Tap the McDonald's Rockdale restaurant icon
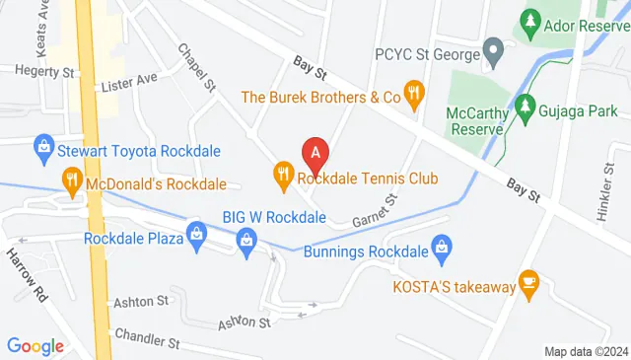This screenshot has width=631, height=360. coord(71,180)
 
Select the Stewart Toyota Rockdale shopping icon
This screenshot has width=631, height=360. coord(43,150)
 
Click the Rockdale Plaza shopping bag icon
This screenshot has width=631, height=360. coord(197,235)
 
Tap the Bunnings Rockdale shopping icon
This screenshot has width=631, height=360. coord(443,244)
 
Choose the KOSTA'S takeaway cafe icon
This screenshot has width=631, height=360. coord(528,284)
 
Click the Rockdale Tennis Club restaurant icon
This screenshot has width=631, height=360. coord(284,177)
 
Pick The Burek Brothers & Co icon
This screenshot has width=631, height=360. coord(415,96)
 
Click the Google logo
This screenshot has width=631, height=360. coord(35,345)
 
